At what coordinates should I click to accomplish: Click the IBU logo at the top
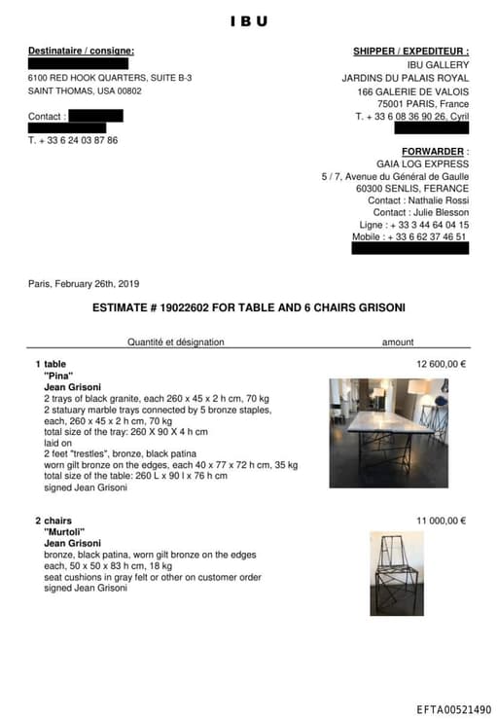point(248,20)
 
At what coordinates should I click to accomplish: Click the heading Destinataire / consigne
point(81,51)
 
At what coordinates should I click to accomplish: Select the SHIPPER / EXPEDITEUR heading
point(410,51)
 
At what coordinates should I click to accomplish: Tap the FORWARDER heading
point(435,152)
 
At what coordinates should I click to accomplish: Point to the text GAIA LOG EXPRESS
point(422,164)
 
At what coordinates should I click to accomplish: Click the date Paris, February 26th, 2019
point(84,284)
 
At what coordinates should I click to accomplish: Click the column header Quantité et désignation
point(175,342)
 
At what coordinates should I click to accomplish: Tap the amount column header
point(398,342)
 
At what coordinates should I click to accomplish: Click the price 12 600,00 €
point(442,364)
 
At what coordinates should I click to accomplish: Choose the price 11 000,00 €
point(442,521)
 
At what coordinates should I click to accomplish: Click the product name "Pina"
point(59,376)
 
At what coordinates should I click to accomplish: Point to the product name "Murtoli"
point(65,532)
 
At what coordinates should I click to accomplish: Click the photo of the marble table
point(388,432)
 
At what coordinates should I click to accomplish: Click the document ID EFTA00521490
point(453,710)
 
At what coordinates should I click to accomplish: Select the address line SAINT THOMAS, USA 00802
point(85,90)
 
